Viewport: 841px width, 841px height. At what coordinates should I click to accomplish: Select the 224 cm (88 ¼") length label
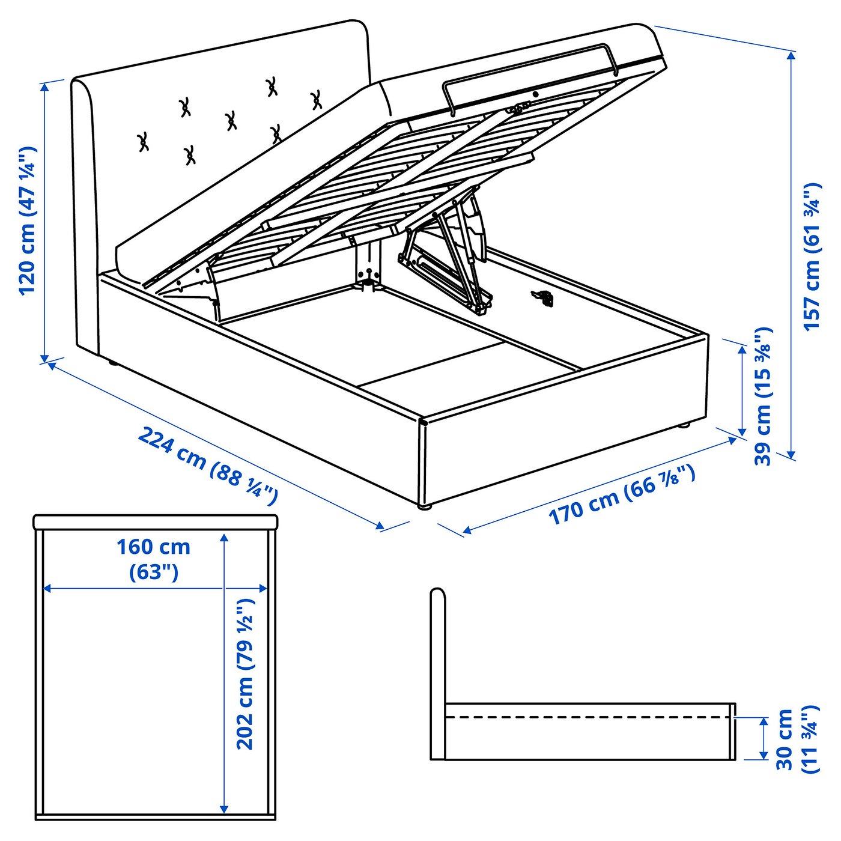coord(208,463)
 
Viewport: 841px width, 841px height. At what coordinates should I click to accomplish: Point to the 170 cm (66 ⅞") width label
coord(622,494)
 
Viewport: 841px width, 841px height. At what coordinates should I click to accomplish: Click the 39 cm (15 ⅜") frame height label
coord(763,396)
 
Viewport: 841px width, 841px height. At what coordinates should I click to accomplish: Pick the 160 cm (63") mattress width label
coord(154,559)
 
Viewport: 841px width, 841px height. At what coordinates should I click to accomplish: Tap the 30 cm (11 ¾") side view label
coord(797,739)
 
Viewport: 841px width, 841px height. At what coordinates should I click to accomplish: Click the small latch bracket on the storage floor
coord(542,297)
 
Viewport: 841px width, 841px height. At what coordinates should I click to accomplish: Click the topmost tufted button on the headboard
coord(272,87)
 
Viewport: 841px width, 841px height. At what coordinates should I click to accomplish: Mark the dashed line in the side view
coord(589,717)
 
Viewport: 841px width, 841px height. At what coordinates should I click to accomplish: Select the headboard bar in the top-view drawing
coord(156,522)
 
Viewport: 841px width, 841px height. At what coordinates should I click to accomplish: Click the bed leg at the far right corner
coord(684,426)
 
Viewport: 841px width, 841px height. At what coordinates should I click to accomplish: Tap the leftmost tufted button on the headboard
coord(144,142)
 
